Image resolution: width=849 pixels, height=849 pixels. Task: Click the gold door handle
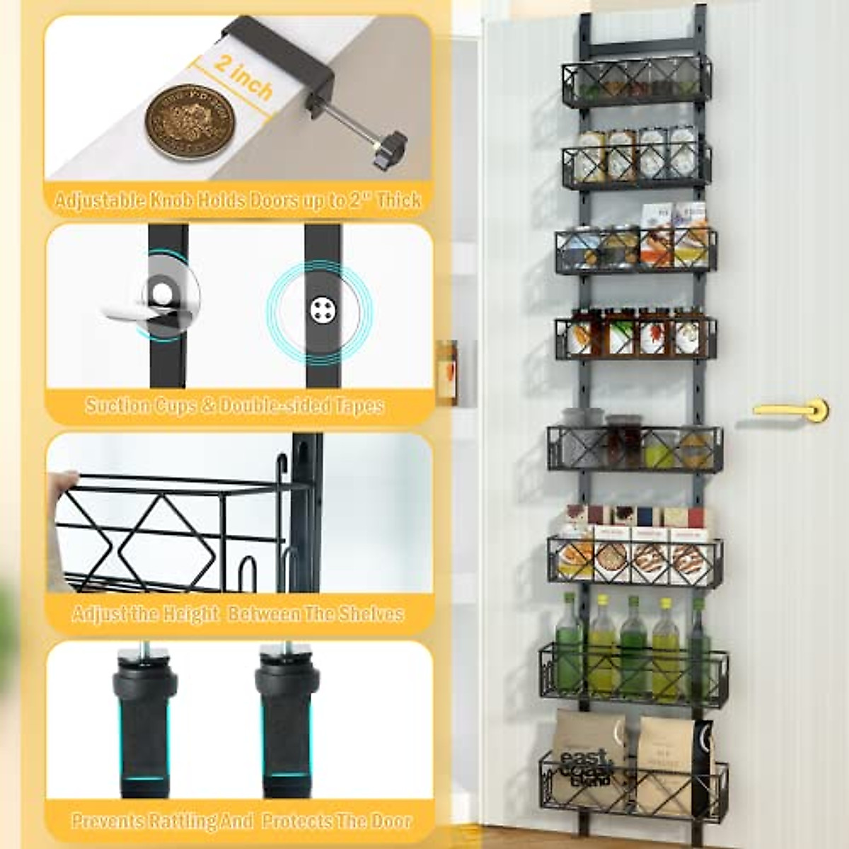tap(792, 410)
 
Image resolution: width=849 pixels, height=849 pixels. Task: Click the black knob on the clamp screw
tap(389, 149)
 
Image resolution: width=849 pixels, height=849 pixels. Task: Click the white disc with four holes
tap(322, 309)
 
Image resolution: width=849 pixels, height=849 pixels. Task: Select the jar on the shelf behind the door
tap(446, 371)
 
